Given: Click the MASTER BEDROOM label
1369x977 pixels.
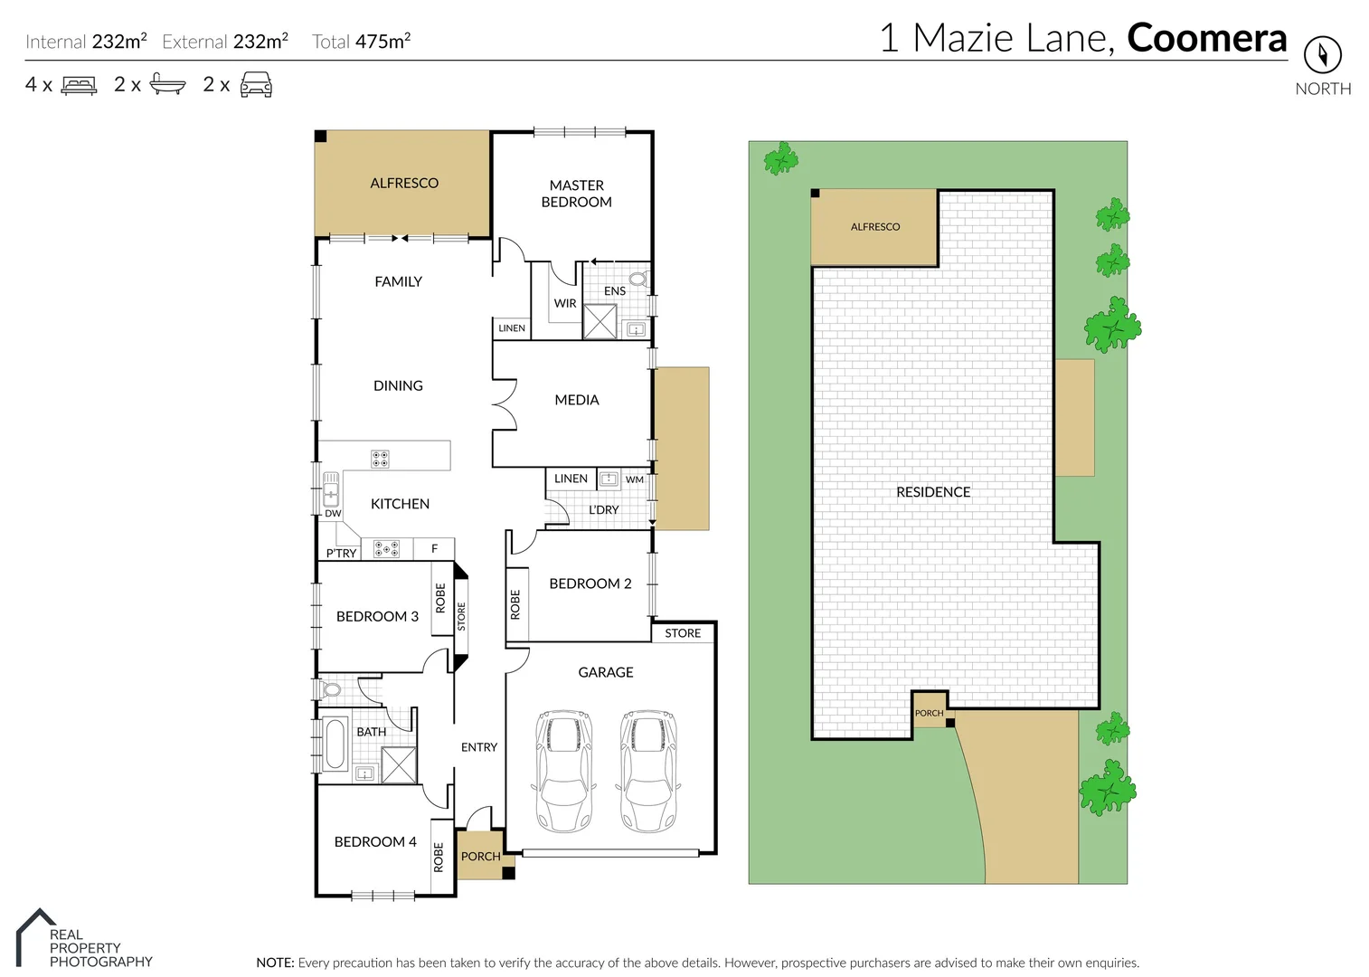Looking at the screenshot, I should [576, 194].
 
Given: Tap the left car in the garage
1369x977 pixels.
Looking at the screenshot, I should [564, 770].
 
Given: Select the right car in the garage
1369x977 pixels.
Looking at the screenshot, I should [648, 770].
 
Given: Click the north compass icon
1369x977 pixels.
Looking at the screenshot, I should [1322, 55].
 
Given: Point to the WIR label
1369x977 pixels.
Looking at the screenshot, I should [565, 304].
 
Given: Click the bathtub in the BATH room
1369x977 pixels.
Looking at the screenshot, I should [335, 744].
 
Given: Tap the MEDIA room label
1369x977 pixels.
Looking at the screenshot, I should [577, 400].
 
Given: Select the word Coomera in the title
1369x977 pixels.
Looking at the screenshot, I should [1206, 38].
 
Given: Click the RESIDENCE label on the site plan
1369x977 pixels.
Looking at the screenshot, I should [933, 492].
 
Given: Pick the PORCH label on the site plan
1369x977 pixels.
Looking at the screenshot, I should [929, 713].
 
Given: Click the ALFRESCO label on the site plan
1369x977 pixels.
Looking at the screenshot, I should [875, 227].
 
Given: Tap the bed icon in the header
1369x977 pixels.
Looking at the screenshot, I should [79, 86].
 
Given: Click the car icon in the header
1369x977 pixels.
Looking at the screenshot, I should [256, 85].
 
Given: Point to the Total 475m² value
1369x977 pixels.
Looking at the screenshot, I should [362, 42].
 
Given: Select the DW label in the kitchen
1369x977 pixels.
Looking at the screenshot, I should [333, 513].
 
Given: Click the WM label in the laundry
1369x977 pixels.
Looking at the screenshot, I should [635, 479].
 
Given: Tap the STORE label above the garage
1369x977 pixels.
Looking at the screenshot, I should [683, 633].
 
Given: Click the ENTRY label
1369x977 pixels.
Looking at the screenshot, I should [479, 747].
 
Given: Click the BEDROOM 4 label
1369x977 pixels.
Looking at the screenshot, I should [375, 841].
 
